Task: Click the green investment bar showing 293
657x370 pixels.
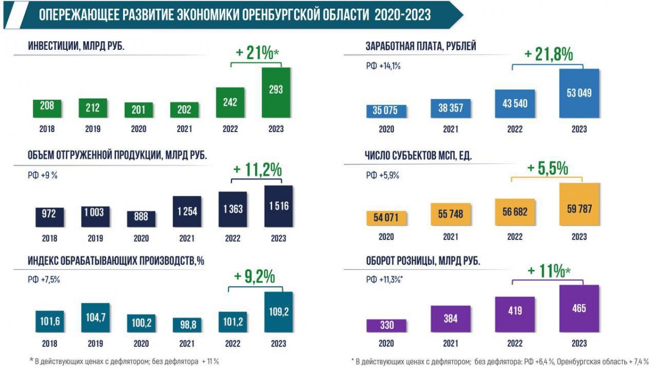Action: [x=276, y=92]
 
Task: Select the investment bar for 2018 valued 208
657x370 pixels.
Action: [x=47, y=108]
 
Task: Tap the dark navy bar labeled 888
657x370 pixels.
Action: [x=141, y=219]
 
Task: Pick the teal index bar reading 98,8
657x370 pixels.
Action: [x=185, y=325]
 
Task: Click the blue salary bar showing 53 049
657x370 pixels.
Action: [x=579, y=93]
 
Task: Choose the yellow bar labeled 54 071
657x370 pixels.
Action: [x=386, y=218]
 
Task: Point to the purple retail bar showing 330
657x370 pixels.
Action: [x=386, y=326]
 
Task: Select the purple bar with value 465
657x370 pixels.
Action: [x=579, y=308]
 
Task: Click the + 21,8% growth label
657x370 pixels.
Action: [x=548, y=54]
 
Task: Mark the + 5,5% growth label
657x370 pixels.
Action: [x=547, y=168]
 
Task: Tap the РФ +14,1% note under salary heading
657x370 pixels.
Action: [x=383, y=66]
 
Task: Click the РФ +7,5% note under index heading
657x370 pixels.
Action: [x=43, y=279]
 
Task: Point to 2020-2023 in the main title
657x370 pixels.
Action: [x=402, y=15]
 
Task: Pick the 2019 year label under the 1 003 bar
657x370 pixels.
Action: [x=96, y=238]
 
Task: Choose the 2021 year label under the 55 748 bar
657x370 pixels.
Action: [x=450, y=237]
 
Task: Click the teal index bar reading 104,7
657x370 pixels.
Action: [x=95, y=317]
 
